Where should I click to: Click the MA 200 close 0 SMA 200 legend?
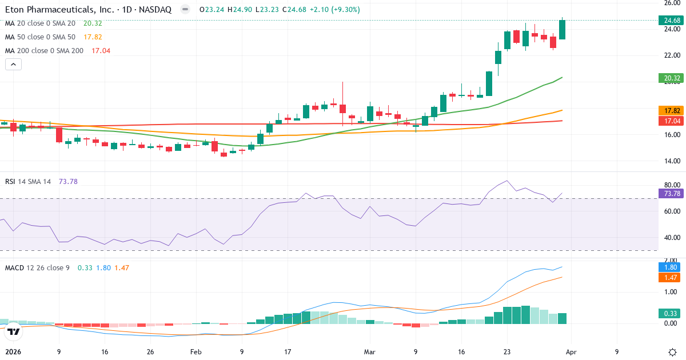tap(44, 50)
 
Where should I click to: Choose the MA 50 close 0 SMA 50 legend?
tap(40, 37)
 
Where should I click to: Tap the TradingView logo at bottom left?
tap(14, 331)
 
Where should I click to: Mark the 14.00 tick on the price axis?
tap(668, 161)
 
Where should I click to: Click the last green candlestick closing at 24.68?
tap(563, 30)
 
